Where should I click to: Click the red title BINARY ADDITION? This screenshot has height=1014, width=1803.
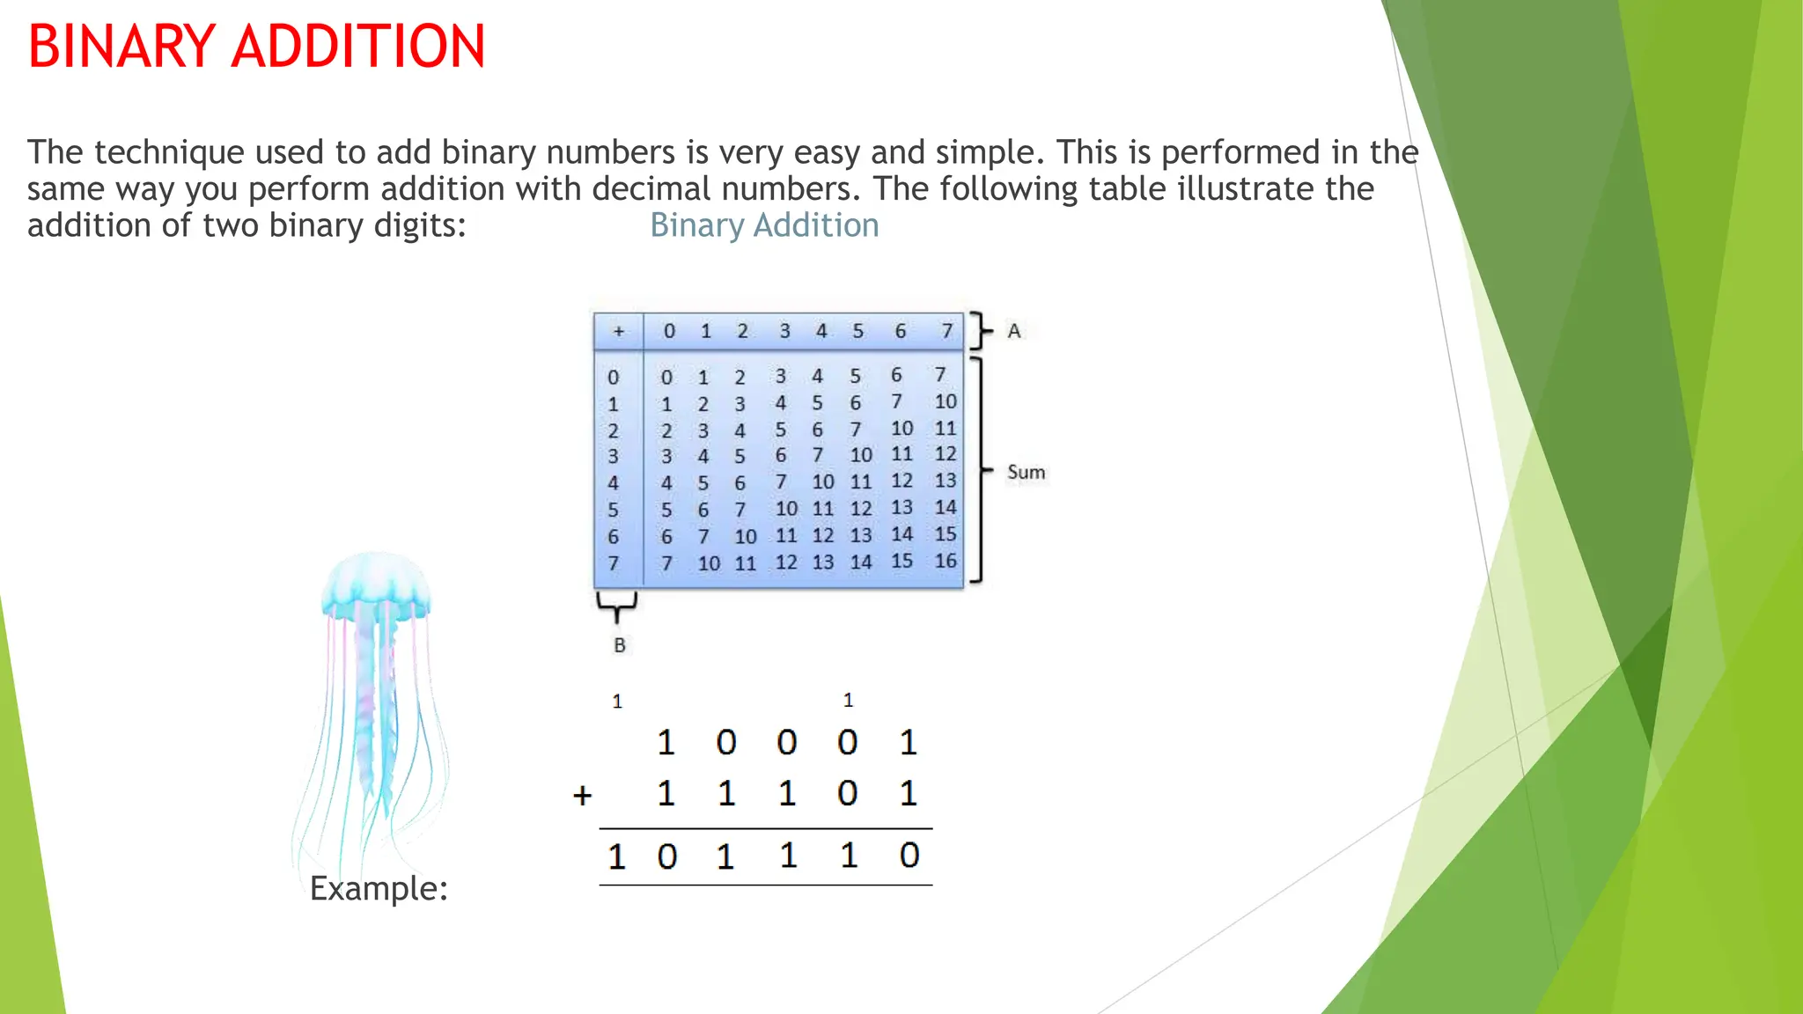coord(256,47)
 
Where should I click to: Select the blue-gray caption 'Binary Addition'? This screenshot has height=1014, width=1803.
coord(764,225)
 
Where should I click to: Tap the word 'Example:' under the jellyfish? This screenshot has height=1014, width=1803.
coord(379,888)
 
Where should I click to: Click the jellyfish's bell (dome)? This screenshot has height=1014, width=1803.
coord(377,583)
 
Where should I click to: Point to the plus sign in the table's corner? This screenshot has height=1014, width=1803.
coord(619,332)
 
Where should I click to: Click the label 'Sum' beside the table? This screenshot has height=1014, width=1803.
coord(1026,473)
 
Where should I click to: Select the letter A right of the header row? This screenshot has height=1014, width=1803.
coord(1014,332)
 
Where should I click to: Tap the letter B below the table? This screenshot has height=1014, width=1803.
coord(620,645)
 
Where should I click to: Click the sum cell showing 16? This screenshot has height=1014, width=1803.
coord(946,561)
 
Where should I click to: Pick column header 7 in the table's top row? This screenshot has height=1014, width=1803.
coord(946,332)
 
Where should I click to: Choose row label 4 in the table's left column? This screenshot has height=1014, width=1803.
coord(614,483)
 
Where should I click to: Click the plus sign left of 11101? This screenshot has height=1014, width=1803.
coord(582,796)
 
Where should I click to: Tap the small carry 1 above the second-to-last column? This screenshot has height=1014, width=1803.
coord(848,701)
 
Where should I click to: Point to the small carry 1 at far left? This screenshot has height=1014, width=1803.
coord(617,702)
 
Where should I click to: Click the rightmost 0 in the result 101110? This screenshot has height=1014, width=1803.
coord(909,856)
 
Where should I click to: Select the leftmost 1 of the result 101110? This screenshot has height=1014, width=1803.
coord(616,857)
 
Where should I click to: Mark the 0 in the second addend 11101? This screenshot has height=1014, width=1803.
coord(847,794)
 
